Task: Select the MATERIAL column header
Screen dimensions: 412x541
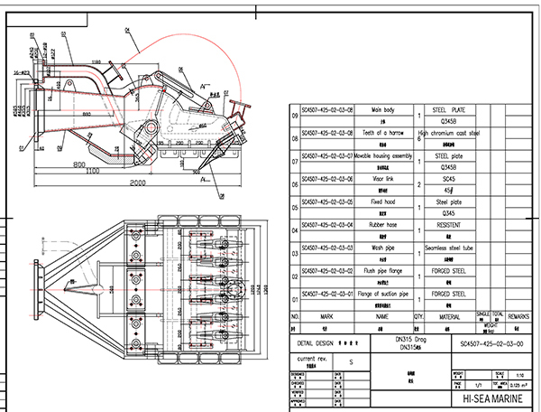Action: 449,317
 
